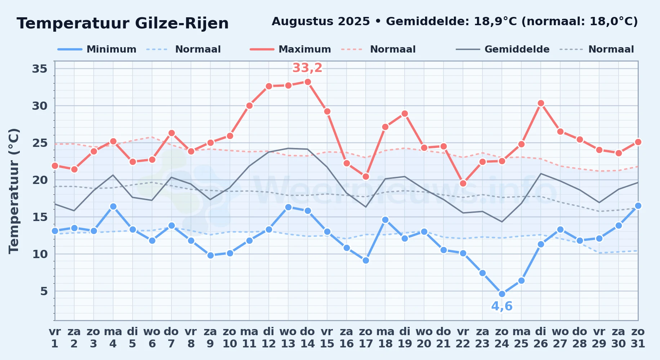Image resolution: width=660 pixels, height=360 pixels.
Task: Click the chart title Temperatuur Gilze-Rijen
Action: coord(122,23)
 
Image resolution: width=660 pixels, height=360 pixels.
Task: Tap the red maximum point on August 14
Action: coord(308,82)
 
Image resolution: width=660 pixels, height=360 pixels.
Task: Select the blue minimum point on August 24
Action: coord(502,294)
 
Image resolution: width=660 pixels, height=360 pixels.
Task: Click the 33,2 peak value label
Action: coord(307,68)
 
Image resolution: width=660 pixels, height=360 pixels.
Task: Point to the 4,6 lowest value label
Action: coord(502,306)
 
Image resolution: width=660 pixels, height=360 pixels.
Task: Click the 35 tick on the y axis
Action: coord(40,68)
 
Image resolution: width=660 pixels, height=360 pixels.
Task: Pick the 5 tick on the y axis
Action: coord(44,291)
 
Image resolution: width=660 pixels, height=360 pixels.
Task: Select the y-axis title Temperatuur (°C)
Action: coord(14,191)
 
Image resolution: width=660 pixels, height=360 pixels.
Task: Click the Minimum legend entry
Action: coord(97,49)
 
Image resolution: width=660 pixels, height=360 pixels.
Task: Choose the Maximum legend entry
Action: coord(290,49)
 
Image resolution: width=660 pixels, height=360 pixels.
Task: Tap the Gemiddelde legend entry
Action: coord(503,49)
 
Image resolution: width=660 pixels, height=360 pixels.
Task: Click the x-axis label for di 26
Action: coord(541,338)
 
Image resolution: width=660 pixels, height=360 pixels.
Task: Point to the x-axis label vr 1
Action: coord(55,338)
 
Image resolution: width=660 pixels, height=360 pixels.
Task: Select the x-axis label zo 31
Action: coord(638,338)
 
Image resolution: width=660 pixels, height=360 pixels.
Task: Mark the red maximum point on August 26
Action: coord(541,103)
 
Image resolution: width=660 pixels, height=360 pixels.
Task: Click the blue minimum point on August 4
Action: coord(113,206)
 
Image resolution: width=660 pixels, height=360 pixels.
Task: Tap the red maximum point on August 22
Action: coord(463,183)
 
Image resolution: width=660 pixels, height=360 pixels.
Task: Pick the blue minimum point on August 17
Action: coord(366,260)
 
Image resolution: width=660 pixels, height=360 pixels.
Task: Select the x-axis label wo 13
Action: coord(288,338)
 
